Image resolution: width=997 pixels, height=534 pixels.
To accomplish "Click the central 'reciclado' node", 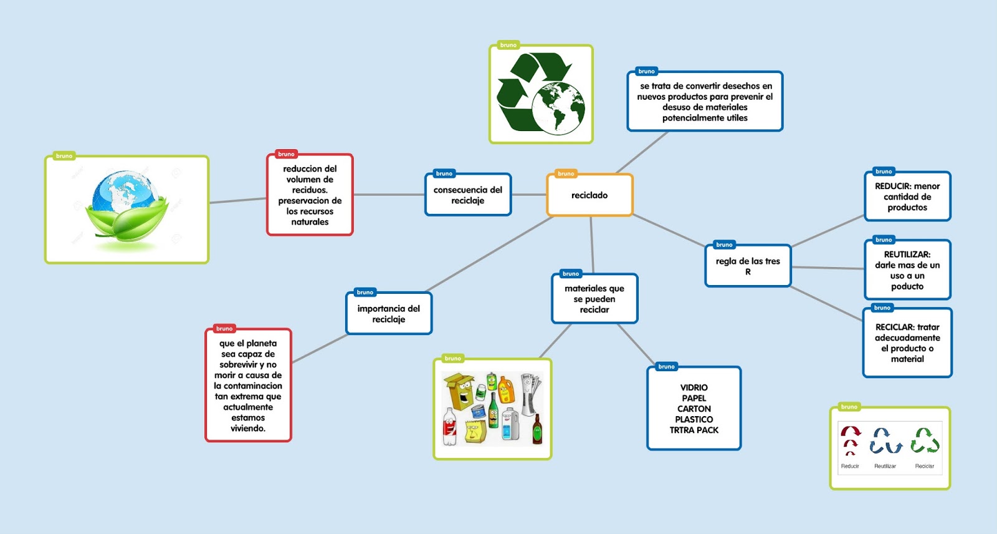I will (589, 195).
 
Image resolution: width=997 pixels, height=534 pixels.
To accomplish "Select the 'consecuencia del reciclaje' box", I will (468, 195).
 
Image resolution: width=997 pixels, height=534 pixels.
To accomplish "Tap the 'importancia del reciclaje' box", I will (389, 314).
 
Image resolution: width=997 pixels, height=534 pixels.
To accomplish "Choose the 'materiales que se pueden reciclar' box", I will (594, 299).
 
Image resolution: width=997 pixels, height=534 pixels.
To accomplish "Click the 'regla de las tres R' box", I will (748, 266).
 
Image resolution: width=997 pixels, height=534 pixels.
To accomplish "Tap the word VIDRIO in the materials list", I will (694, 387).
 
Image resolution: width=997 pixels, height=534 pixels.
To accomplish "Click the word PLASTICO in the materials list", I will (694, 419).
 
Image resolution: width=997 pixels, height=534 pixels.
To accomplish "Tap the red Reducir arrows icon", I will (851, 439).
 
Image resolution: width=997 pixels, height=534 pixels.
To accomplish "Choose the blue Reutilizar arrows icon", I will (885, 440).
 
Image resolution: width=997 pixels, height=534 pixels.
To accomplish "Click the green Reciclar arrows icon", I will (925, 439).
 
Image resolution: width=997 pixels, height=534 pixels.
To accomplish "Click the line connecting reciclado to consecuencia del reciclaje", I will (529, 195).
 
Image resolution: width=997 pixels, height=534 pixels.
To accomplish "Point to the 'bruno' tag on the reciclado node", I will (566, 173).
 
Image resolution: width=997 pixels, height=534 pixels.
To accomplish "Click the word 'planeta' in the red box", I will (262, 343).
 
